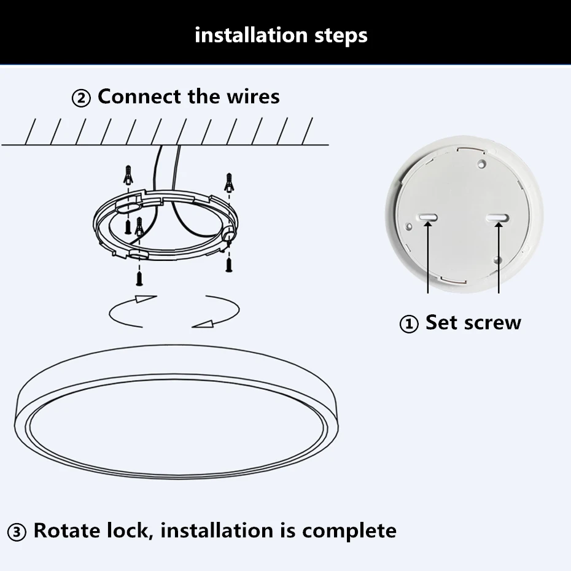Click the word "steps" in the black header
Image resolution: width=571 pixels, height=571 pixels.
(x=339, y=35)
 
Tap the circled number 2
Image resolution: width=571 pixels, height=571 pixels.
(x=82, y=98)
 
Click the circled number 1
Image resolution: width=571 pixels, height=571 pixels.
(x=409, y=324)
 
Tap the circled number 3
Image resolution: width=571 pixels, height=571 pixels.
(x=17, y=532)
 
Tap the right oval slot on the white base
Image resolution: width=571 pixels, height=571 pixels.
(x=498, y=217)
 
